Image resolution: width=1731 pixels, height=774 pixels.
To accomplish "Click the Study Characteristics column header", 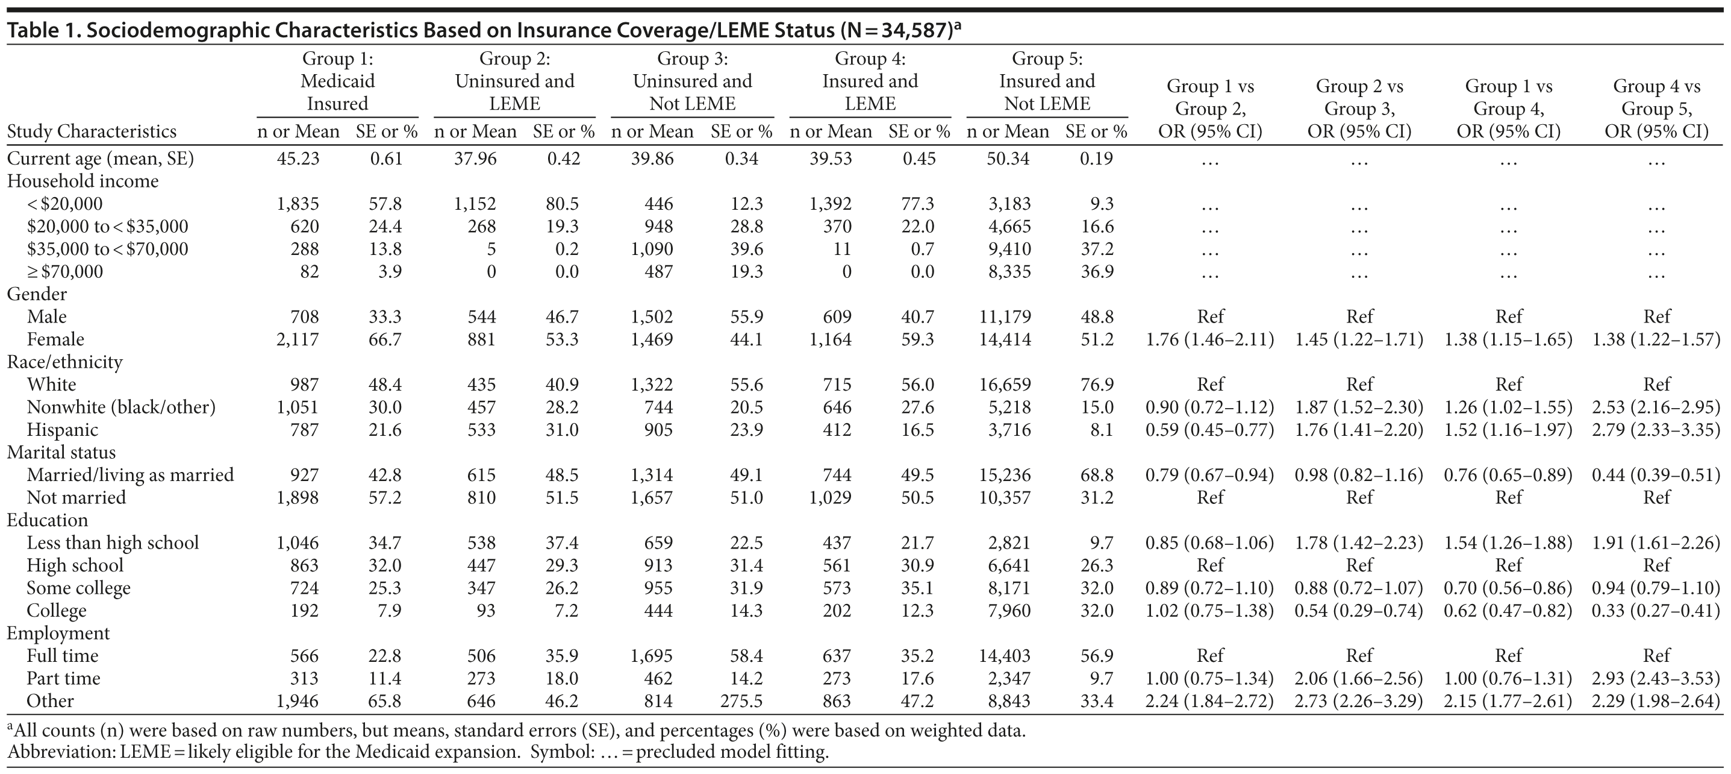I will point(92,131).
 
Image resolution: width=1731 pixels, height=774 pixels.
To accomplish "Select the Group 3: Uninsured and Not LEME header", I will point(692,81).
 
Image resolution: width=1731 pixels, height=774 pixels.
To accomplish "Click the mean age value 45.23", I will point(298,159).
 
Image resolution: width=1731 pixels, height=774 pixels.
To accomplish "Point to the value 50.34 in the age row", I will point(1008,159).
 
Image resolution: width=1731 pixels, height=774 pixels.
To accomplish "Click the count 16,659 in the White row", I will point(1005,385).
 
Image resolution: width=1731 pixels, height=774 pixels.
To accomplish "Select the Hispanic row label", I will point(62,430).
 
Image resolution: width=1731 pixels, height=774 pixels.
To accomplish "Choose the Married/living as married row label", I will point(129,476).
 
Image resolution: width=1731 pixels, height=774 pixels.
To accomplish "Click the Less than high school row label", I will point(112,543).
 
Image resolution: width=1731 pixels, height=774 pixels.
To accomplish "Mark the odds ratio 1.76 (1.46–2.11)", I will point(1209,339).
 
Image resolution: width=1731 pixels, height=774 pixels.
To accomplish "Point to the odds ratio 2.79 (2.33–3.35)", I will point(1656,430).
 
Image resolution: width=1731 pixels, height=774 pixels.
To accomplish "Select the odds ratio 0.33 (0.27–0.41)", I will point(1656,611).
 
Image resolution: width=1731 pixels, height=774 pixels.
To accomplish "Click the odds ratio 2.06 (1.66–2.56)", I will point(1359,679).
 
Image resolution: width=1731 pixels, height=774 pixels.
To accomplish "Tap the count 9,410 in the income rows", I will point(1009,250).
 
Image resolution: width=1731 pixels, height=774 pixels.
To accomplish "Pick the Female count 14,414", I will point(1005,339).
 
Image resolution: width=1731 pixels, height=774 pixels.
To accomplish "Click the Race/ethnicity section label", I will point(64,362).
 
